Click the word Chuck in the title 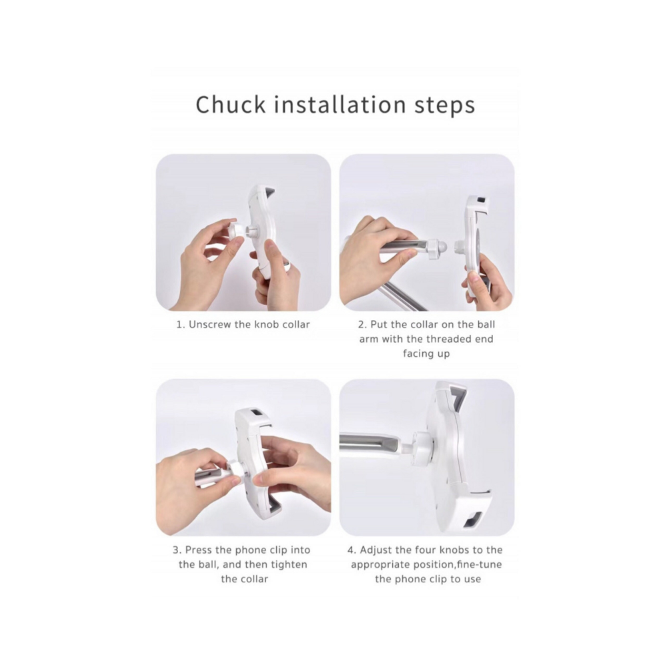[230, 104]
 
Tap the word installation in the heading [340, 104]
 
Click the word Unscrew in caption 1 [209, 325]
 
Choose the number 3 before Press [177, 550]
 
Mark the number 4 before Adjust [352, 550]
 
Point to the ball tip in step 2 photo [443, 247]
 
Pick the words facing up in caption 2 [426, 354]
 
